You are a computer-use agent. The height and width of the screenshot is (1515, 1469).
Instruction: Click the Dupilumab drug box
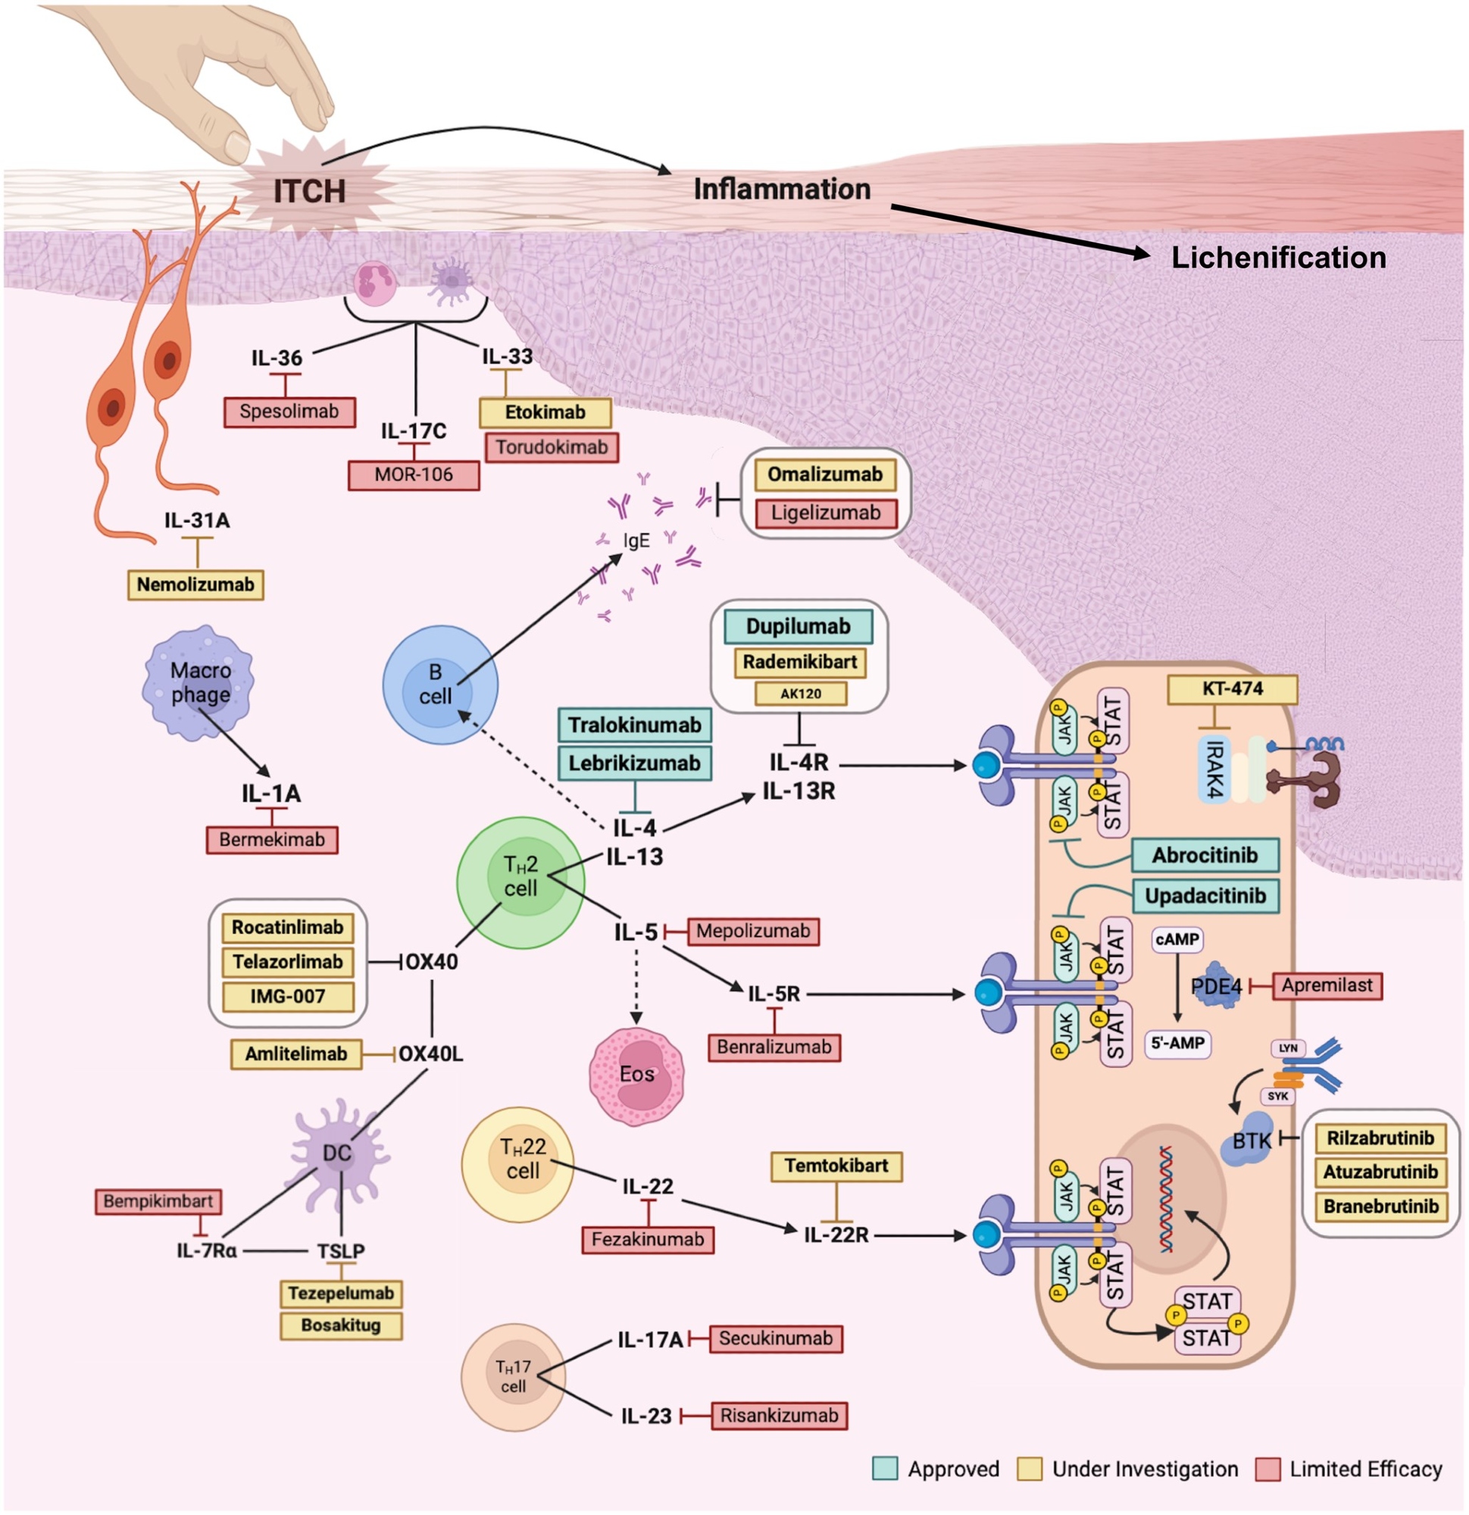pos(798,626)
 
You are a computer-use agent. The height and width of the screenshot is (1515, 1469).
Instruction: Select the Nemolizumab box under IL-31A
pos(195,584)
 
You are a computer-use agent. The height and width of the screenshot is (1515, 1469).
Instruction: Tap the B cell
pos(439,684)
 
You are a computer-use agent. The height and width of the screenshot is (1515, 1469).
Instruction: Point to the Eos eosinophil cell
pos(636,1075)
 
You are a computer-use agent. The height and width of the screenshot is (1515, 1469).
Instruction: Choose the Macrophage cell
pos(199,683)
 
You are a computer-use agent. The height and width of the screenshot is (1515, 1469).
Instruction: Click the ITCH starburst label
pos(309,191)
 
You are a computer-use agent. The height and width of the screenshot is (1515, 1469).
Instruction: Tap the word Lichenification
pos(1278,258)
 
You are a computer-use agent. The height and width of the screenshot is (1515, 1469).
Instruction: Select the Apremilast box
pos(1326,985)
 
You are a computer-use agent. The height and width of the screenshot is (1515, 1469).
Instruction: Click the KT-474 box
pos(1232,689)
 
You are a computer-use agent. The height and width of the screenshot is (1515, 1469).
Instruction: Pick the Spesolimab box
pos(289,412)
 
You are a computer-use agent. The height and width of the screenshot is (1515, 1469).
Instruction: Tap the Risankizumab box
pos(778,1415)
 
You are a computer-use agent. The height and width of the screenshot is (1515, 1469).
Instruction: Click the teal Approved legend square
pos(885,1469)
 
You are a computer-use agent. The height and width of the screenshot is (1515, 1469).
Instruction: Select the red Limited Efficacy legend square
pos(1267,1469)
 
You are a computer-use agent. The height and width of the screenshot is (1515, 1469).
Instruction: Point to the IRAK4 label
pos(1214,769)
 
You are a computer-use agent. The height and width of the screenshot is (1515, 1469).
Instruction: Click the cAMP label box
pos(1177,939)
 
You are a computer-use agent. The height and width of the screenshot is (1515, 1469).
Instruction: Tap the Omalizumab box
pos(824,474)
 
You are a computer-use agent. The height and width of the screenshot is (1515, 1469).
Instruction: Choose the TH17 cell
pos(512,1376)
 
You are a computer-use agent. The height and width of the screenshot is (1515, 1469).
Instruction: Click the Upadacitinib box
pos(1205,896)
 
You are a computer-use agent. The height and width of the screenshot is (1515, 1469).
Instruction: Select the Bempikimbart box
pos(158,1201)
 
